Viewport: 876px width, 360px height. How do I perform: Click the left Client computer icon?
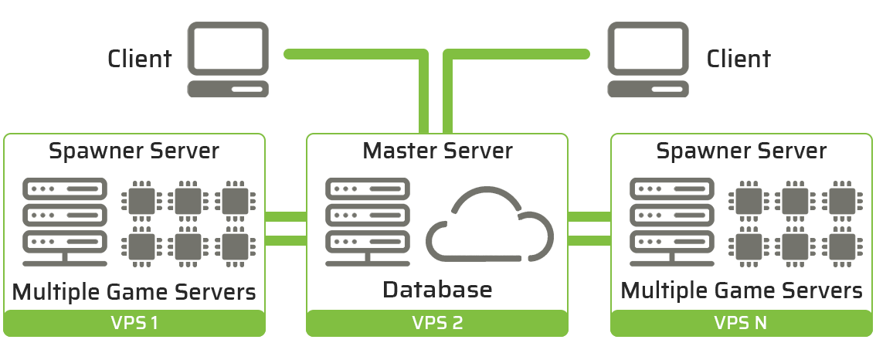(229, 59)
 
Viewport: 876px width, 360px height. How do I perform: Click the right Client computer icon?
(647, 59)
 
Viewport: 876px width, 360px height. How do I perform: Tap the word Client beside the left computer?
(140, 59)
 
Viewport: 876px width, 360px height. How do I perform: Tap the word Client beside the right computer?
(738, 59)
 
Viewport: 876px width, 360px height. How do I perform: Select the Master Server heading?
(437, 150)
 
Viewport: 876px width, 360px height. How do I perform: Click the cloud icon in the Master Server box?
(491, 225)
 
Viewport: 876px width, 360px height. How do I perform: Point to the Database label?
(437, 290)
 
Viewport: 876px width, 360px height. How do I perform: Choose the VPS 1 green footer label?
(134, 323)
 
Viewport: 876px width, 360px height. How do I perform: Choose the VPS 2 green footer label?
(437, 323)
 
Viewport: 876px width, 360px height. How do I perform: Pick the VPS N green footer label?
(741, 323)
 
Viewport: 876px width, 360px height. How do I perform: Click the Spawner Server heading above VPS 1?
(134, 150)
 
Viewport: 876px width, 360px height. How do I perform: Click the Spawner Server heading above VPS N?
(741, 150)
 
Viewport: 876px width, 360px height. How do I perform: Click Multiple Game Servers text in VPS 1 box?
(134, 292)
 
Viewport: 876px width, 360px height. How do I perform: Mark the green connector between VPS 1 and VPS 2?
(286, 229)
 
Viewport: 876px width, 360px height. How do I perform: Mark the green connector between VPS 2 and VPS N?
(589, 229)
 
